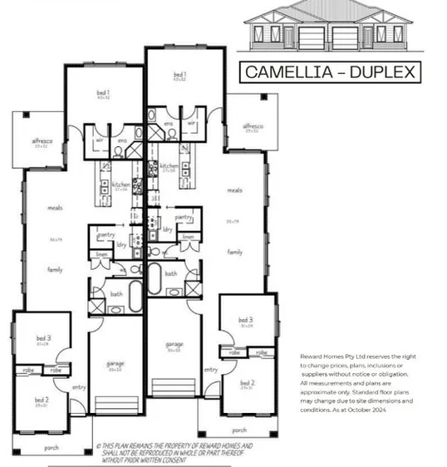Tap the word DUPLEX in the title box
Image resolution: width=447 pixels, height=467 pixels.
[x=379, y=72]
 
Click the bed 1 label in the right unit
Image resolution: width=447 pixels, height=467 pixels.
[x=179, y=74]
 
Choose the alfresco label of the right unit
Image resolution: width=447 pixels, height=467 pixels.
[x=252, y=126]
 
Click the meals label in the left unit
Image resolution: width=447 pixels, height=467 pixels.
[x=56, y=208]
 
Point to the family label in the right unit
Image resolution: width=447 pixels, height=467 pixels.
[x=235, y=249]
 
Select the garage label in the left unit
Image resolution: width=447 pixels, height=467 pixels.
[x=115, y=364]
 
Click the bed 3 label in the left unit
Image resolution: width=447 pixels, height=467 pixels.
[x=44, y=338]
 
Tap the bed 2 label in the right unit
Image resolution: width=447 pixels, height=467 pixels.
[x=247, y=382]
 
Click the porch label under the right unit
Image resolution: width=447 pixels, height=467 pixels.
[x=239, y=430]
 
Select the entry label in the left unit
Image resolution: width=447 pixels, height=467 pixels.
[x=80, y=387]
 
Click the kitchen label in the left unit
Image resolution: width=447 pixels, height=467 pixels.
[x=120, y=184]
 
